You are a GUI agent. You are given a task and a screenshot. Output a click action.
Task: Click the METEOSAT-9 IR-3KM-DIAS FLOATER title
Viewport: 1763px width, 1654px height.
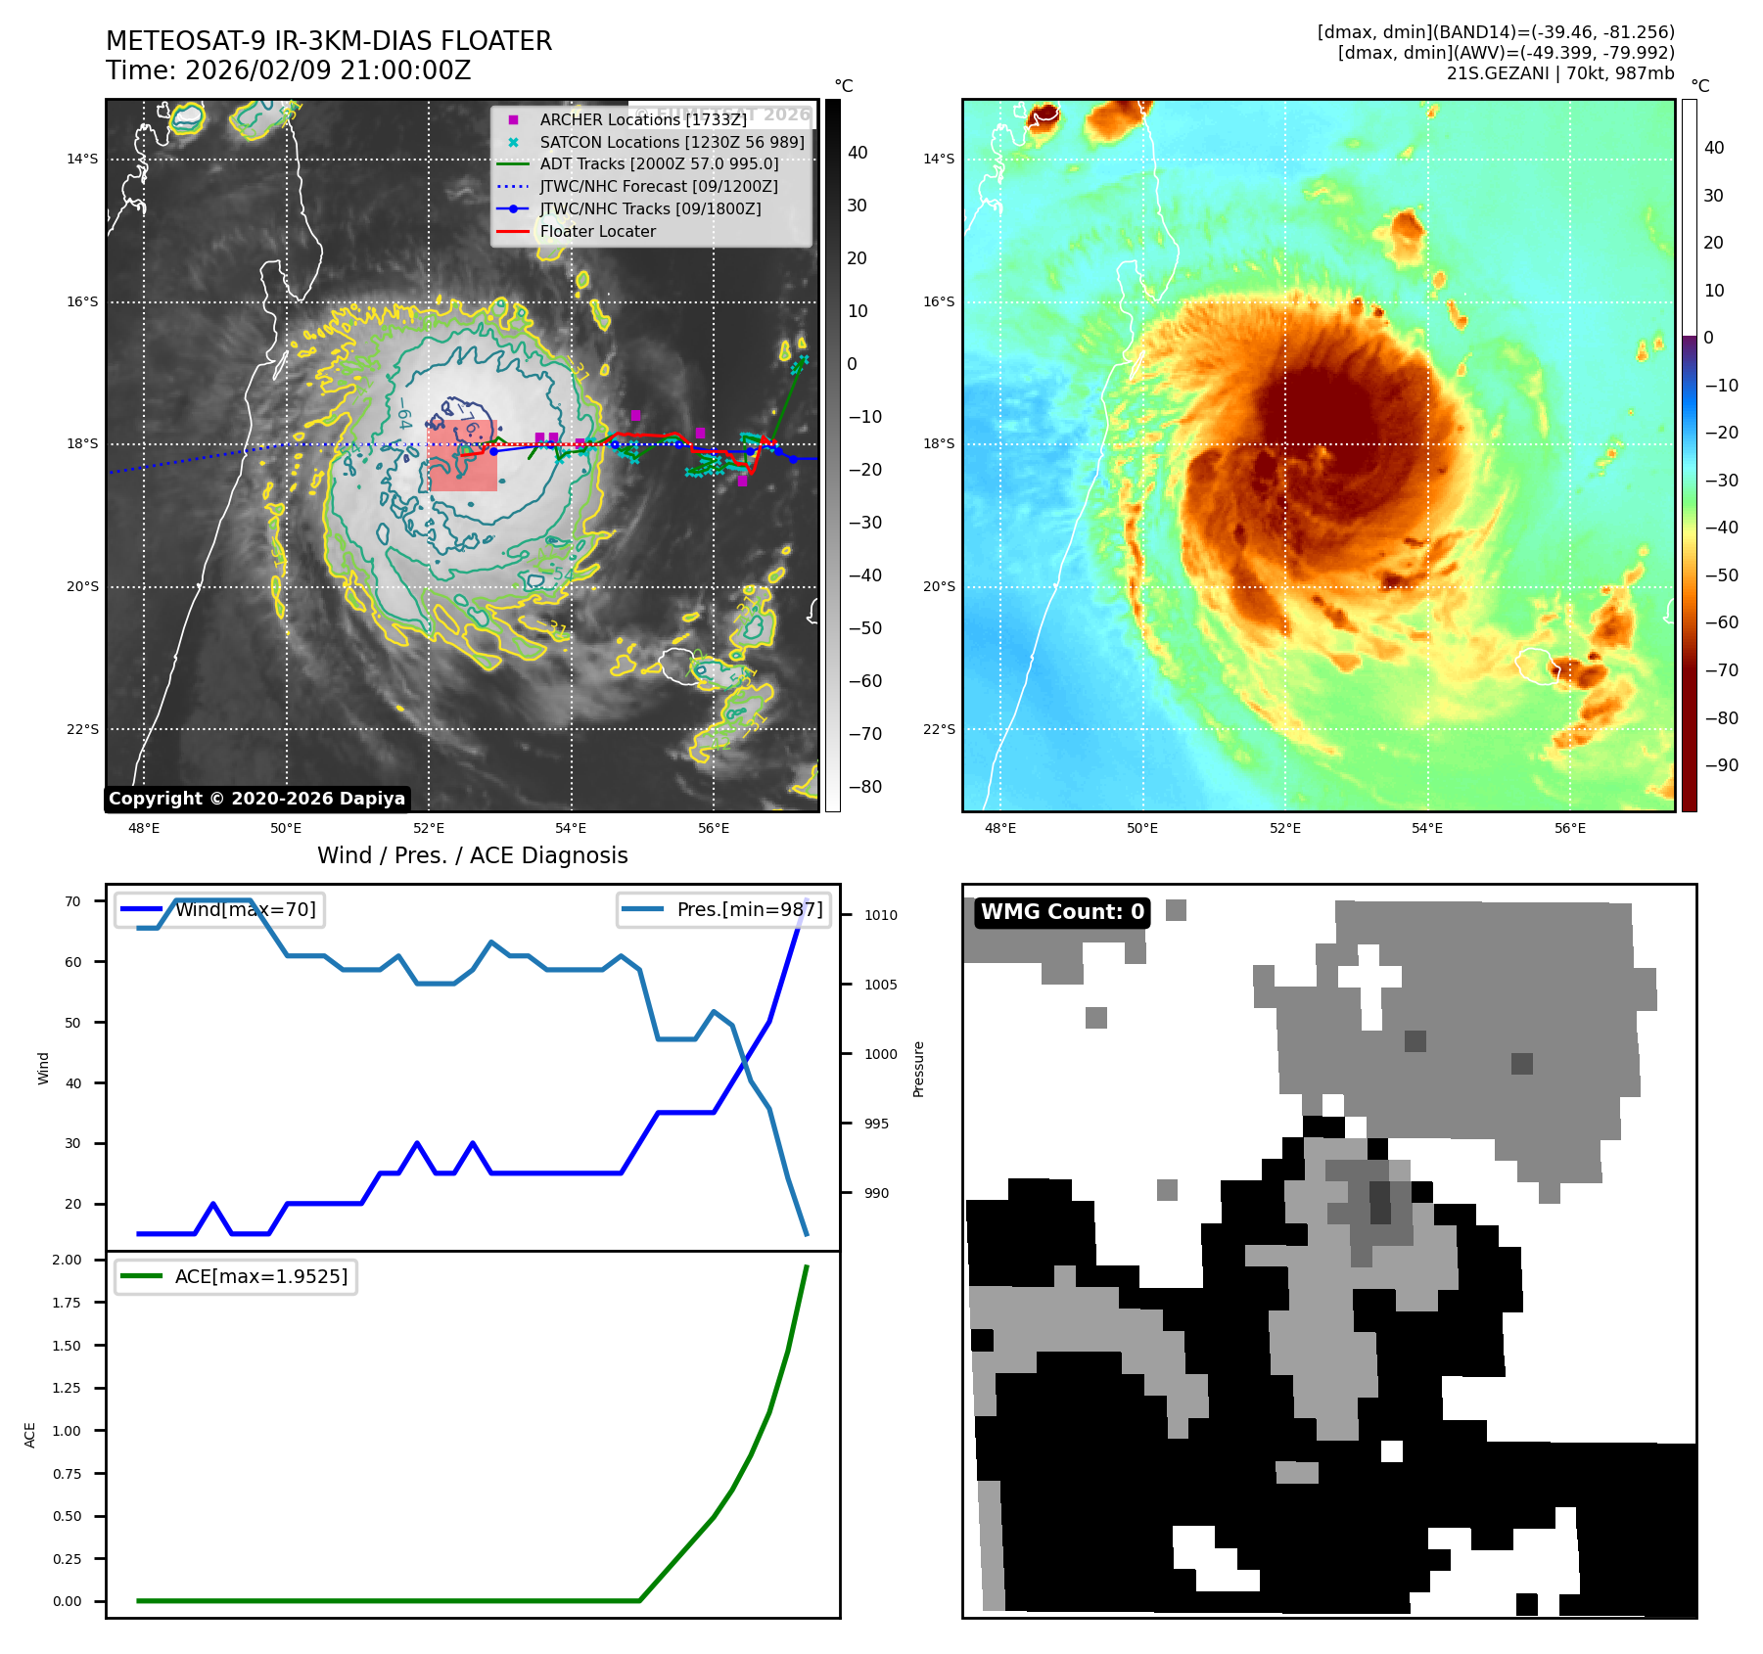pos(329,41)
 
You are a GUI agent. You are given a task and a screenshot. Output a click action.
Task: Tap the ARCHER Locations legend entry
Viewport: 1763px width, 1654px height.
pos(642,119)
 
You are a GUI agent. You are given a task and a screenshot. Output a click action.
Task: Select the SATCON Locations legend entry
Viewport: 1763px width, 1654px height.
pos(672,142)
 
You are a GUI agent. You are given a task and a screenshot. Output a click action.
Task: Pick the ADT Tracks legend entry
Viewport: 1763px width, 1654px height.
pos(659,164)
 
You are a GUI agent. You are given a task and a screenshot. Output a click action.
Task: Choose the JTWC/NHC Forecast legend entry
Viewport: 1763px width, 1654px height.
pos(659,186)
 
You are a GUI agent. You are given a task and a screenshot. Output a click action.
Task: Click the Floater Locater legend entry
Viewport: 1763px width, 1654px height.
pos(597,232)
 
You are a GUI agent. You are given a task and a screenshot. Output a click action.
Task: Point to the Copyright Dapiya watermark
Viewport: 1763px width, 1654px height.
pos(256,799)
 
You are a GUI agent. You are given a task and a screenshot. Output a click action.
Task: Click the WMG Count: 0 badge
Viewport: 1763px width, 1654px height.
pos(1062,912)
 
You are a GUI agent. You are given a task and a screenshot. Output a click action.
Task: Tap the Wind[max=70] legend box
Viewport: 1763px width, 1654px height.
pos(219,910)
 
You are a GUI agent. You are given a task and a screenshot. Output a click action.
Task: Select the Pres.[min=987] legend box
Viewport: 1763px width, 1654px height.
pos(723,910)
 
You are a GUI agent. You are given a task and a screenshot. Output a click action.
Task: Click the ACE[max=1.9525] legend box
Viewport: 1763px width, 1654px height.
pos(236,1276)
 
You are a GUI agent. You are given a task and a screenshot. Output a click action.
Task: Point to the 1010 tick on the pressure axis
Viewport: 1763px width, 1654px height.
pos(880,916)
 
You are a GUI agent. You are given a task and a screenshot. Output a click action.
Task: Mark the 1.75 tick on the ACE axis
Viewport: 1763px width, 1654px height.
pos(67,1303)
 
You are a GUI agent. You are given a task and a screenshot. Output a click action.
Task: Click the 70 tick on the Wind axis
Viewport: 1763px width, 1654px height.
pos(72,901)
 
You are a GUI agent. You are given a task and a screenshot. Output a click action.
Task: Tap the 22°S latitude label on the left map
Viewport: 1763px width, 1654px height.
pos(82,730)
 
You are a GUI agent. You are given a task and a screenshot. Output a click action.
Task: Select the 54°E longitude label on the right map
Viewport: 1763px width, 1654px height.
pos(1427,829)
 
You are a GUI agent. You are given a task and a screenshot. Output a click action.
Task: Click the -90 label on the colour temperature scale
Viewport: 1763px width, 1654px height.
pos(1721,765)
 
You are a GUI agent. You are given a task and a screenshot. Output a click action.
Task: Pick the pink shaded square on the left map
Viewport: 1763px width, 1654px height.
pos(463,456)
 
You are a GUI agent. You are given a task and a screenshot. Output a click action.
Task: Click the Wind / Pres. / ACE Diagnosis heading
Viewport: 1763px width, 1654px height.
pos(473,856)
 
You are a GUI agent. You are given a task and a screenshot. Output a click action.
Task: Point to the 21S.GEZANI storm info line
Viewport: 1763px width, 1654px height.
pos(1559,73)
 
